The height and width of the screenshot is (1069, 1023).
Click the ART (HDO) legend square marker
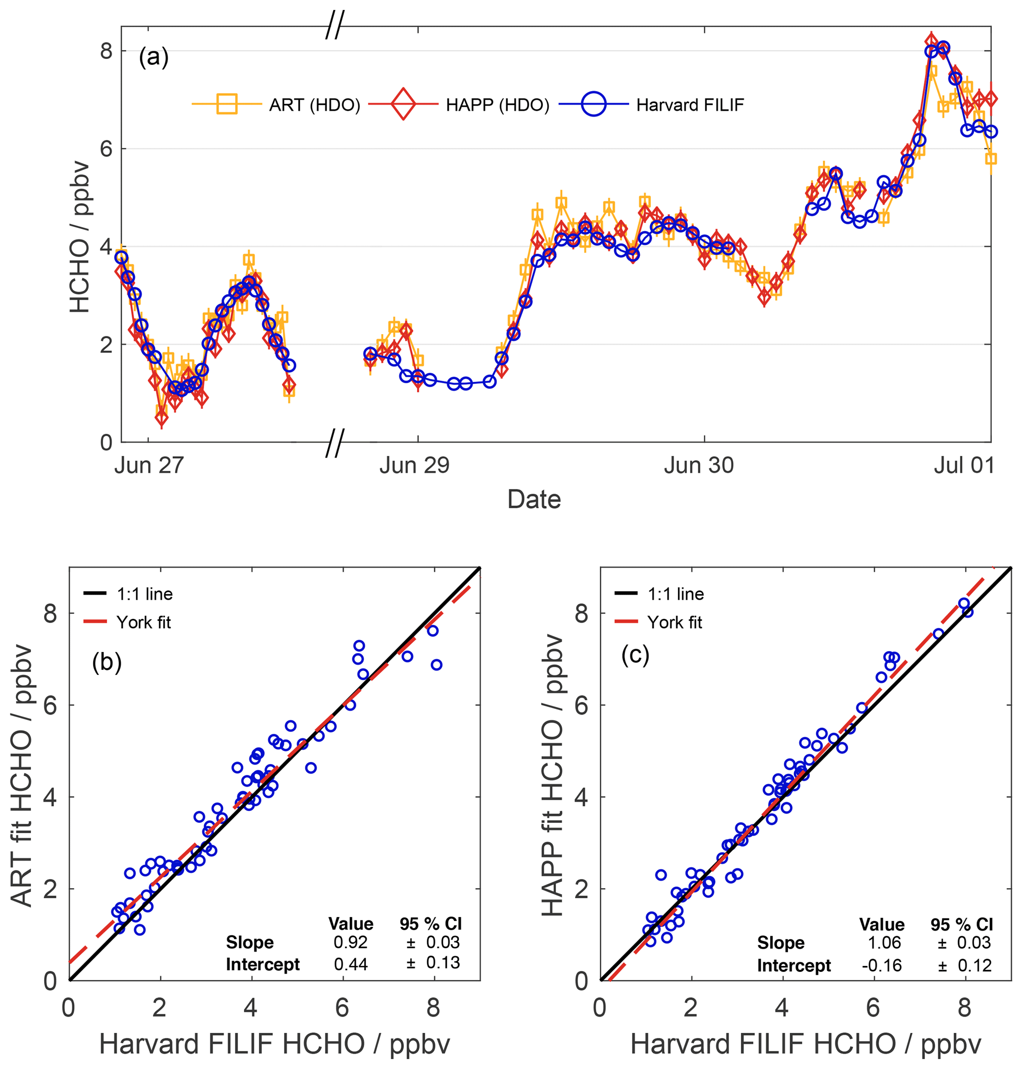[x=226, y=103]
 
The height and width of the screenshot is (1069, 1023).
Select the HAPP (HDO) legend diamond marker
[x=403, y=103]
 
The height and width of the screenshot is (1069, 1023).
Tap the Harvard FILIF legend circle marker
[x=593, y=103]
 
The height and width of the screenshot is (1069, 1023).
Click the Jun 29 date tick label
[x=414, y=465]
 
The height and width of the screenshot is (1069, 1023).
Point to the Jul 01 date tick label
[x=964, y=465]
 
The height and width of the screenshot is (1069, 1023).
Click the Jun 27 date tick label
[x=149, y=465]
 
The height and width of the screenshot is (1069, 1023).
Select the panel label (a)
[x=154, y=57]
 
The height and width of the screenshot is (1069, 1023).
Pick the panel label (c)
[x=635, y=655]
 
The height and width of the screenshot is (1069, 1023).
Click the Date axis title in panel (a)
[x=534, y=499]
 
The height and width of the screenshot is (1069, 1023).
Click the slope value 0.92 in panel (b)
[x=350, y=942]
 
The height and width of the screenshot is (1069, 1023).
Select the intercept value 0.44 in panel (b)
[x=350, y=965]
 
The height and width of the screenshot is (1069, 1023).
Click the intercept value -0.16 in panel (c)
[x=881, y=966]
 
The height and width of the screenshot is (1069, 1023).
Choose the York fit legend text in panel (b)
[x=144, y=622]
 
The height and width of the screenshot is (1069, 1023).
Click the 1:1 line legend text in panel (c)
[x=676, y=594]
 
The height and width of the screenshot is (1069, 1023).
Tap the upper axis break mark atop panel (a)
[x=335, y=26]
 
